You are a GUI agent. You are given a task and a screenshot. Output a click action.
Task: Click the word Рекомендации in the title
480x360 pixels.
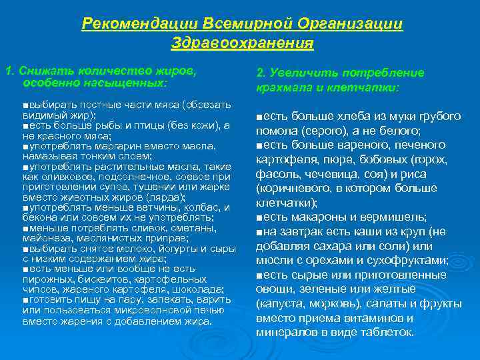coord(123,24)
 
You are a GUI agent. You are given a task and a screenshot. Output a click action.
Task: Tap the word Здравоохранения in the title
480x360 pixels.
coord(242,43)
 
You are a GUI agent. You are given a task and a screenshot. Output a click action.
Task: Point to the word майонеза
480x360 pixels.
coord(46,237)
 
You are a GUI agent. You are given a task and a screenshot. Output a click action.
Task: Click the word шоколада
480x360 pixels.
coord(199,289)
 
